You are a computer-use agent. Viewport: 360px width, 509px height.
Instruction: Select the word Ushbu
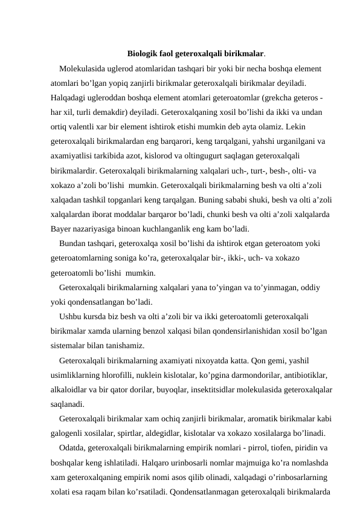click(71, 317)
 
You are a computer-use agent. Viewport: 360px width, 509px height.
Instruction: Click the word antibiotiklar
click(305, 375)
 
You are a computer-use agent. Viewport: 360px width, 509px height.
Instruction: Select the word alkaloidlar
click(71, 390)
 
